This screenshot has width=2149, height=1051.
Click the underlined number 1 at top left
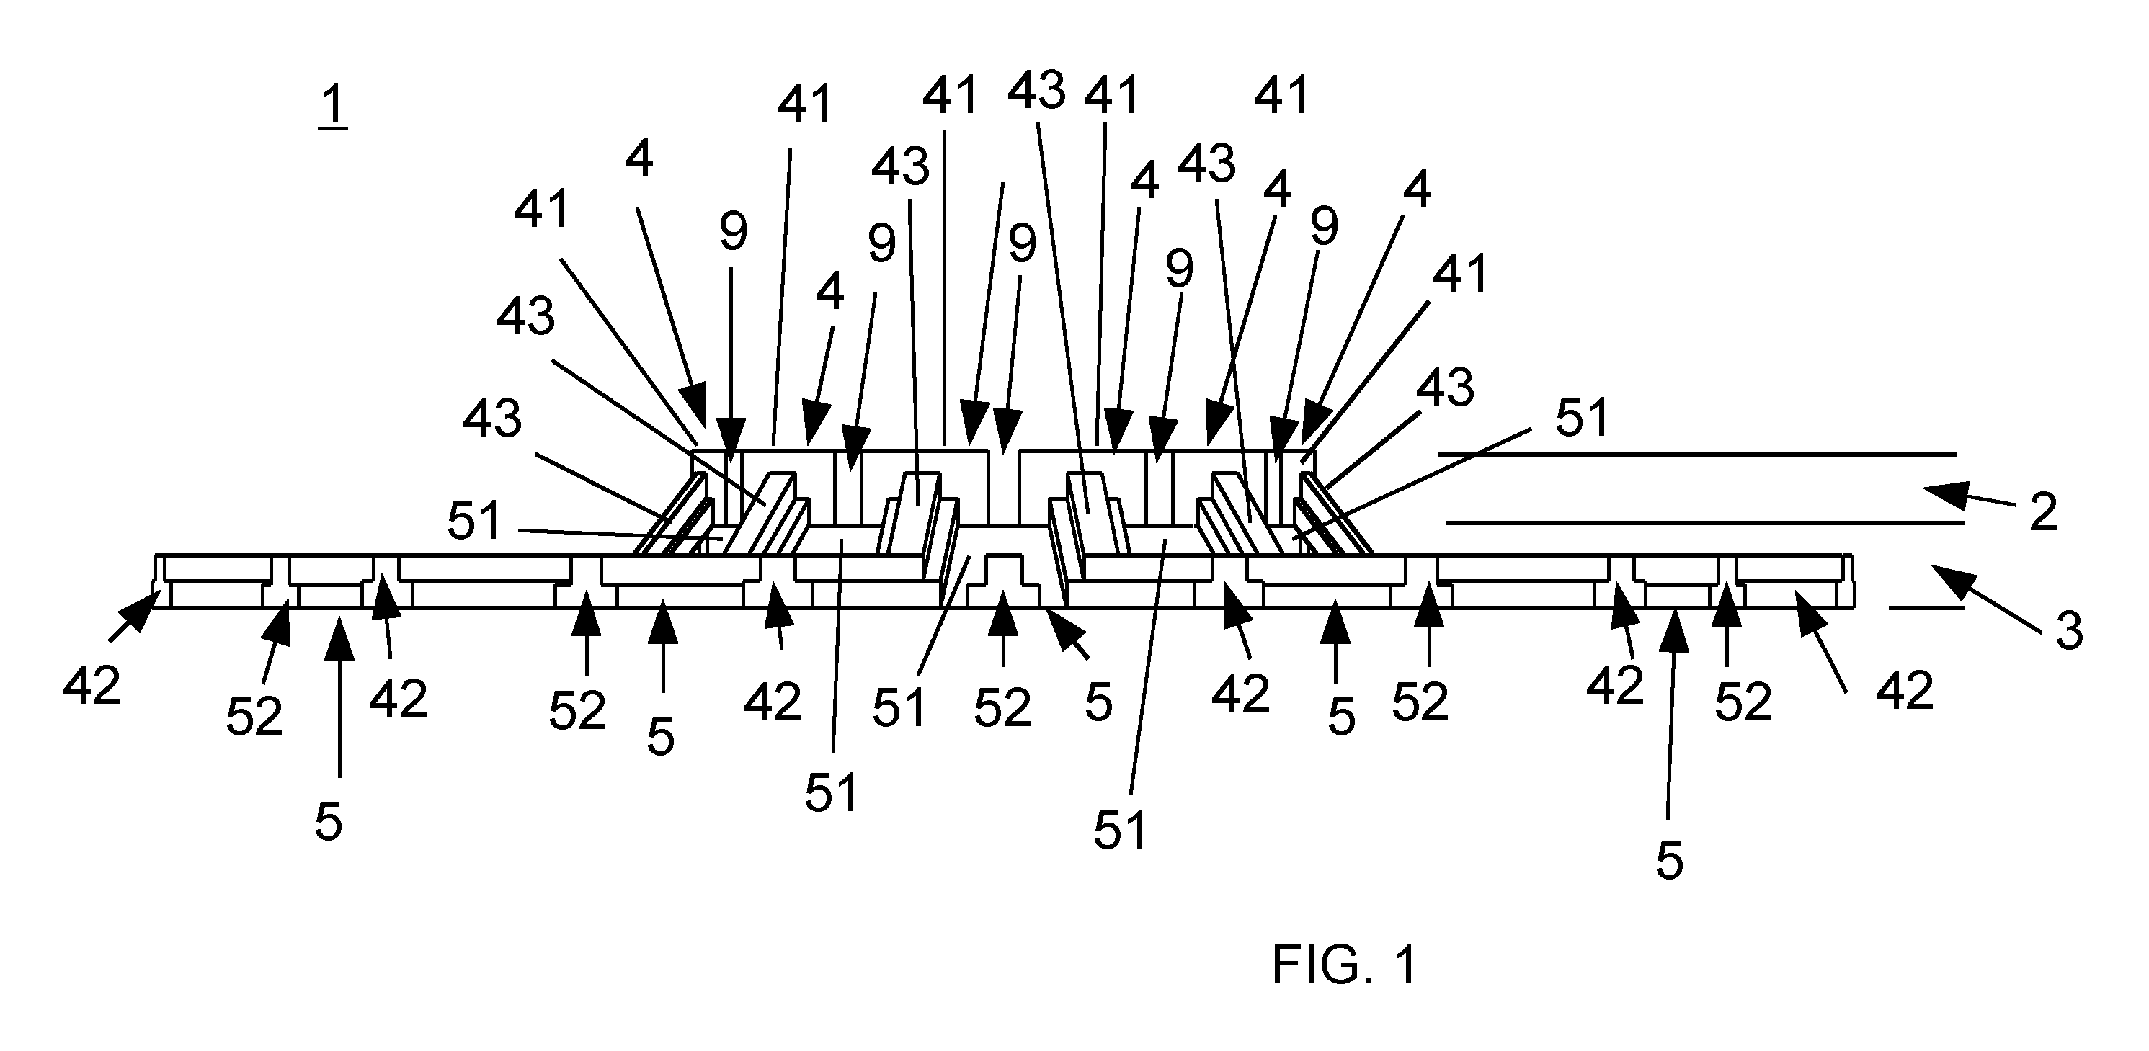333,107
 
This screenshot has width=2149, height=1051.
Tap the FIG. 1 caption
1344,966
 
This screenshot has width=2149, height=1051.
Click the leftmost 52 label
254,717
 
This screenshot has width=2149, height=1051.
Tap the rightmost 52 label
1743,703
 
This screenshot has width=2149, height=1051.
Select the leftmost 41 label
542,208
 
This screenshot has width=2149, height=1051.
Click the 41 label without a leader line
1283,95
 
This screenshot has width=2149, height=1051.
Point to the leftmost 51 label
475,522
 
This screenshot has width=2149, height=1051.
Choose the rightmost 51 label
1582,418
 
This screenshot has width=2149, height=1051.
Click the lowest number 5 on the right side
1669,861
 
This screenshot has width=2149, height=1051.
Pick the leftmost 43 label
493,419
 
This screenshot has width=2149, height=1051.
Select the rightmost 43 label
1446,388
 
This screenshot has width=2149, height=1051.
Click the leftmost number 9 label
734,233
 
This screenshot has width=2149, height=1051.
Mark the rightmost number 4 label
1418,189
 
